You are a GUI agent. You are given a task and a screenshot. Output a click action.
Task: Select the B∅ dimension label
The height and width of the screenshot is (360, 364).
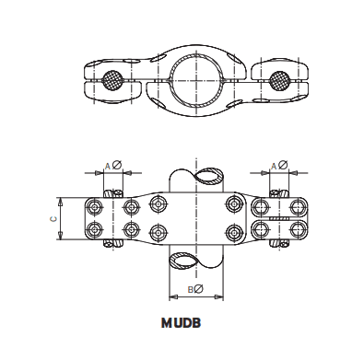(x=194, y=290)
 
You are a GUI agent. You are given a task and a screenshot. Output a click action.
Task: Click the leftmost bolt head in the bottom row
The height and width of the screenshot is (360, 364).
(x=95, y=227)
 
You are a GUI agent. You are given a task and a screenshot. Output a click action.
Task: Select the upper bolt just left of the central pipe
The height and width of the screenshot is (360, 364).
(x=160, y=203)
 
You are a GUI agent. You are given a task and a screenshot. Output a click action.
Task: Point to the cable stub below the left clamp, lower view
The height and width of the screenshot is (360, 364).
(x=114, y=243)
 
